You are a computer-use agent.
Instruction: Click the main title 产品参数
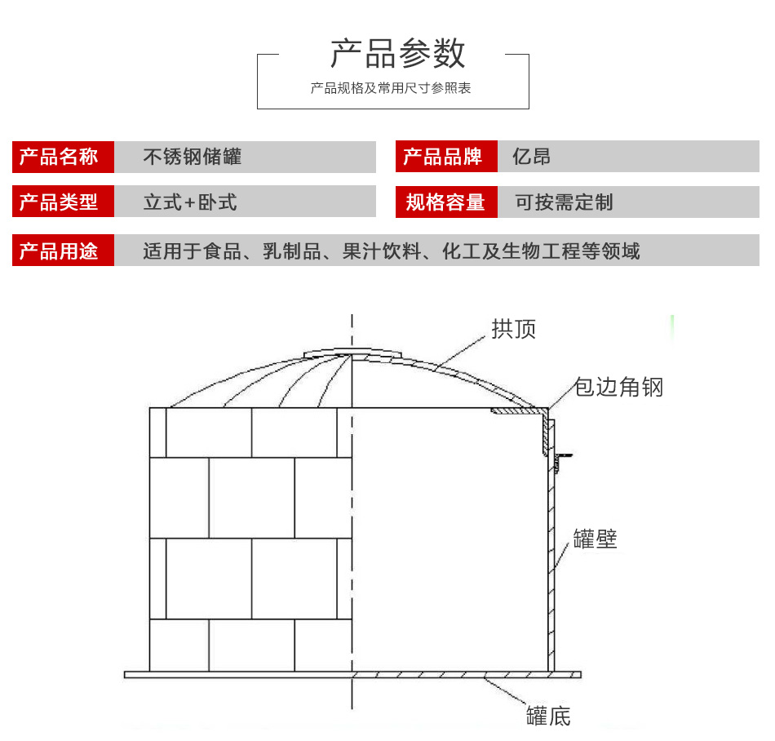pos(397,54)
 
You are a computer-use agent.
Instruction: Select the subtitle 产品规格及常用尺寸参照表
pos(391,88)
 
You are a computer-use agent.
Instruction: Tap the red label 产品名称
pos(59,157)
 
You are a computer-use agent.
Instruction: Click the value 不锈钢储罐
pos(193,157)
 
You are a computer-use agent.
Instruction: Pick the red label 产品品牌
pos(444,157)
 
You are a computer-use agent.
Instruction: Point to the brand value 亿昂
pos(531,157)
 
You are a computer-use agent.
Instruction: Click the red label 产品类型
pos(59,202)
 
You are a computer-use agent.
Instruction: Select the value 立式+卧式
pos(190,202)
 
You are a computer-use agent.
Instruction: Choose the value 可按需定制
pos(564,202)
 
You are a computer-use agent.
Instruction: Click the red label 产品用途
pos(59,251)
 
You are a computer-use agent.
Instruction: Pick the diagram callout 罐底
pos(548,717)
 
